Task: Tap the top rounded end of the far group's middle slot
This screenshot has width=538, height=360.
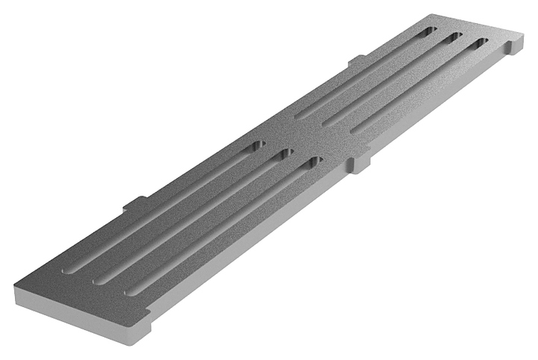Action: point(454,37)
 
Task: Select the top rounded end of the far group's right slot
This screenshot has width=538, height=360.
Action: point(480,43)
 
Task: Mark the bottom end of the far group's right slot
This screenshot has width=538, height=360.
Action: point(356,131)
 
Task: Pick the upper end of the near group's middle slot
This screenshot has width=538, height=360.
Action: point(285,153)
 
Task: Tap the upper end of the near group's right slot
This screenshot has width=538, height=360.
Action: point(315,161)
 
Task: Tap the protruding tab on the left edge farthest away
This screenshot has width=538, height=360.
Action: point(356,60)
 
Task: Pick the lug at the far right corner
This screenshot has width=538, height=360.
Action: point(514,47)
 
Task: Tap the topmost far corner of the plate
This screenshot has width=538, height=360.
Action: point(431,14)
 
